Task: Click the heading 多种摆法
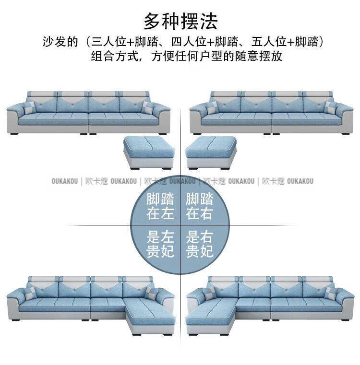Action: pos(180,22)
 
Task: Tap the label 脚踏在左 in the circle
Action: pos(160,206)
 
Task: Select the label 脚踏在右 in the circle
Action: pos(199,206)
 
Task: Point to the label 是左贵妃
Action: pos(160,244)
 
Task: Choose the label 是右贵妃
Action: pos(199,244)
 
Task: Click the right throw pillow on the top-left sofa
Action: pos(148,108)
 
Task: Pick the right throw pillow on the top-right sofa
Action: pos(331,107)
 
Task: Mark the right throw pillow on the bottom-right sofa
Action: pos(331,293)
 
